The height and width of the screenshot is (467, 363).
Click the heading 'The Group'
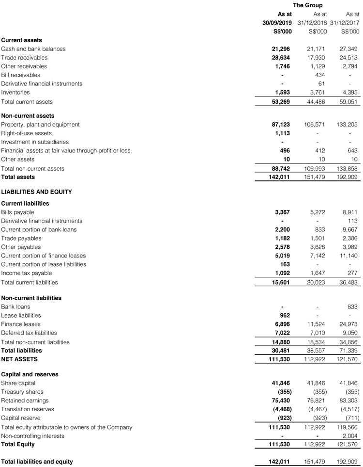point(307,5)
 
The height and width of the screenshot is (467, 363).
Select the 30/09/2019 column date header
point(277,23)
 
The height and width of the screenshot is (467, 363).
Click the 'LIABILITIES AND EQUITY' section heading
point(36,192)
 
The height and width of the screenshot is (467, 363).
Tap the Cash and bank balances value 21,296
point(281,49)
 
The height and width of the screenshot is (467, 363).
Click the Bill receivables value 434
point(320,75)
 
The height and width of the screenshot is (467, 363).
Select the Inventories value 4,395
point(350,93)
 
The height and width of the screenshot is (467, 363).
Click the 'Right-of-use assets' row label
point(26,133)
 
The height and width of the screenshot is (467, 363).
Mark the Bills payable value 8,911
point(350,212)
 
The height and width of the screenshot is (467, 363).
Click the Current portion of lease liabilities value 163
point(285,264)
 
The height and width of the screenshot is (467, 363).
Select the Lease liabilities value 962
point(285,316)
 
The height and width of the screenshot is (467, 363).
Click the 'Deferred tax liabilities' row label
point(29,333)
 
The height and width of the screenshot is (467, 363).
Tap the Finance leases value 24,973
point(348,324)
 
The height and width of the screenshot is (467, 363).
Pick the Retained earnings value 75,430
point(281,401)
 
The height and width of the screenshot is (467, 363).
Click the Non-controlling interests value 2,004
point(350,436)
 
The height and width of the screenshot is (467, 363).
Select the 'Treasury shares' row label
point(22,392)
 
